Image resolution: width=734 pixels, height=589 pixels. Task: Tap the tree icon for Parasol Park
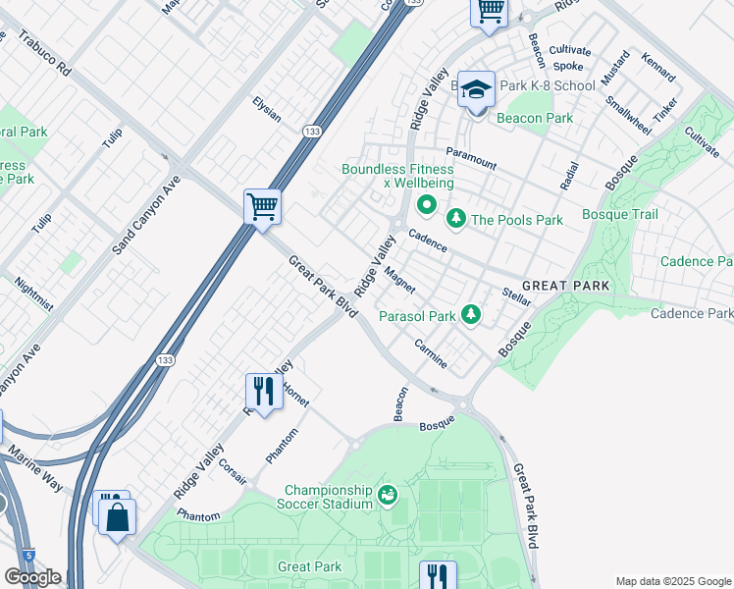point(472,314)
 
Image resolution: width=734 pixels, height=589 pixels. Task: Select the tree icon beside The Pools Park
point(455,217)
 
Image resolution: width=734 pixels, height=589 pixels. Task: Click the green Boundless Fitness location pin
point(426,206)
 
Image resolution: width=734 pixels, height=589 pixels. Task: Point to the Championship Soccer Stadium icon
point(388,495)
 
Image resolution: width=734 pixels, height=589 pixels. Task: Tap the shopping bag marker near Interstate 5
point(117,516)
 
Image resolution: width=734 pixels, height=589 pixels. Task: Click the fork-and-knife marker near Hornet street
point(263,391)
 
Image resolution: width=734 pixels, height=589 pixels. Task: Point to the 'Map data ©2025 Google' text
point(672,581)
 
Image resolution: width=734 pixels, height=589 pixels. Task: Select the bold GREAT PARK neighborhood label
point(565,286)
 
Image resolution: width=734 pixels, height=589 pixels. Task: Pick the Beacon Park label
point(535,118)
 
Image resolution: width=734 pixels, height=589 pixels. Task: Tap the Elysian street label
point(267,109)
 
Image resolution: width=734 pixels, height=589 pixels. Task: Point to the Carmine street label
point(431,355)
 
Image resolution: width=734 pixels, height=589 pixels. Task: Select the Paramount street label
point(471,157)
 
